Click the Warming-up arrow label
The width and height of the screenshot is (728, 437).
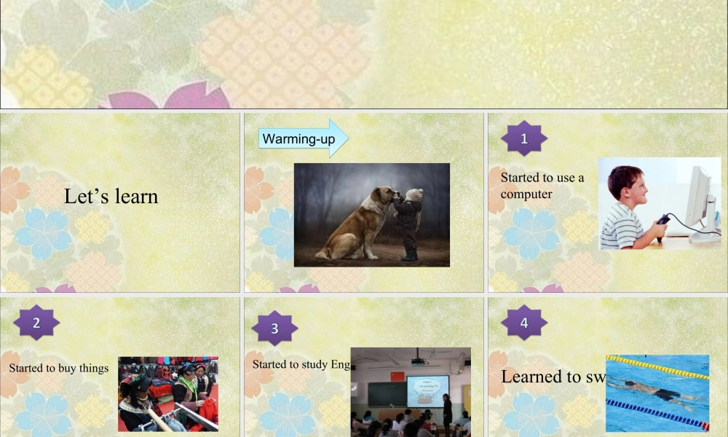click(x=298, y=138)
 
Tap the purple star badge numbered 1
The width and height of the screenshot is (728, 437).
click(x=524, y=139)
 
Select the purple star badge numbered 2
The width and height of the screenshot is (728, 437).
click(x=36, y=321)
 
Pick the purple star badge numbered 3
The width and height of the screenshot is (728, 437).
click(x=274, y=328)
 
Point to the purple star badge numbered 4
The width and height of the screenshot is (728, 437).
click(x=524, y=323)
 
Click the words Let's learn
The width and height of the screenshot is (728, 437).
click(x=111, y=196)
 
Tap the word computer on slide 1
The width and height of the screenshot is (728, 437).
click(x=526, y=194)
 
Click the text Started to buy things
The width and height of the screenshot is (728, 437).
click(x=58, y=368)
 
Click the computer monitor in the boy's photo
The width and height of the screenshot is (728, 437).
click(x=697, y=198)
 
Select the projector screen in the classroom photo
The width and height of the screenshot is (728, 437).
click(x=427, y=390)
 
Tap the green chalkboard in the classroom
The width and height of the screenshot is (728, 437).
click(x=386, y=394)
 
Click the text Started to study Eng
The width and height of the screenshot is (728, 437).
click(x=301, y=363)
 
